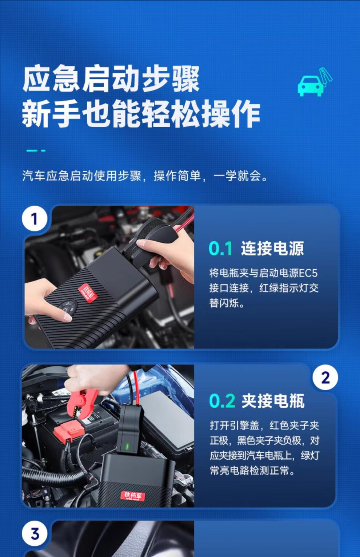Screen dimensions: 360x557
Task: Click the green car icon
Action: coord(311,86)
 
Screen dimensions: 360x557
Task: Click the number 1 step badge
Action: coord(35,219)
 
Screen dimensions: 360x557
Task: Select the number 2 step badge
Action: coord(325,378)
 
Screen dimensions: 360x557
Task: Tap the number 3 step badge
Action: coord(35,534)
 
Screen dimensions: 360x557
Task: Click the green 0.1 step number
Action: coord(220,249)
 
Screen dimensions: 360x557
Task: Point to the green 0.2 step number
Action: coord(222,401)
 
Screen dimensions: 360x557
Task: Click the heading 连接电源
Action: coord(272,249)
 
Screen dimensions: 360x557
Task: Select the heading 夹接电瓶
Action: coord(273,401)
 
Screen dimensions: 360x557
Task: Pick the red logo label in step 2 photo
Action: coord(133,496)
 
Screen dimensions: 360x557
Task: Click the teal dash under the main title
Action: coord(36,150)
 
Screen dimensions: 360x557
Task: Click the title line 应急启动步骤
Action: coord(111,79)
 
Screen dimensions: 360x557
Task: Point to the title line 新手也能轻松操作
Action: coord(141,114)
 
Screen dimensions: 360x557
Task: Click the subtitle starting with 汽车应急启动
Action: coord(145,176)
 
